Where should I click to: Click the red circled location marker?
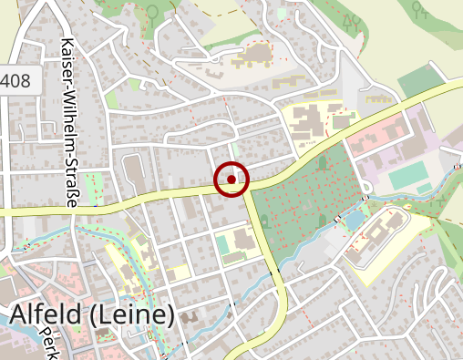pyautogui.click(x=231, y=180)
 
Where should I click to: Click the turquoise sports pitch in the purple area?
pyautogui.click(x=410, y=174)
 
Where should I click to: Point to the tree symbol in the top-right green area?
pyautogui.click(x=420, y=10)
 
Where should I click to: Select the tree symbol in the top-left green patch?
pyautogui.click(x=152, y=12)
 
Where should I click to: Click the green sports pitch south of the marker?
pyautogui.click(x=224, y=244)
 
